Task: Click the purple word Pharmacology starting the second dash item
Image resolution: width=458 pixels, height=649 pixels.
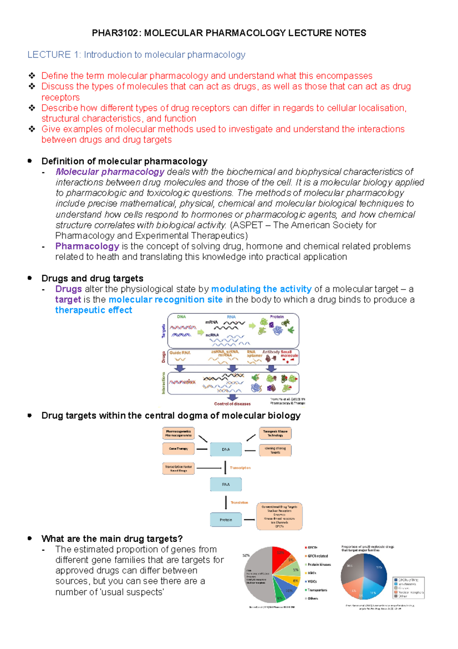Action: (87, 246)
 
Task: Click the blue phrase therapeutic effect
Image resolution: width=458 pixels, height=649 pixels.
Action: (94, 310)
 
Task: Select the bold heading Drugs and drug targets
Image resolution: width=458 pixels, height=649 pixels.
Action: (92, 278)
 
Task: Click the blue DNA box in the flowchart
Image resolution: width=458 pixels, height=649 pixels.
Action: (226, 449)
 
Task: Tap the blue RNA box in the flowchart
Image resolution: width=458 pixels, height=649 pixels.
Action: (226, 484)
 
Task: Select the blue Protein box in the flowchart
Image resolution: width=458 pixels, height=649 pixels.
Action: (226, 520)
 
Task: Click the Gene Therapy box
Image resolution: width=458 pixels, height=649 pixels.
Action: (178, 449)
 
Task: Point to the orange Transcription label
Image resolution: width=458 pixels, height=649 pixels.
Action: (240, 468)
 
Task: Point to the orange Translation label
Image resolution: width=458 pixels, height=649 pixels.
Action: (239, 503)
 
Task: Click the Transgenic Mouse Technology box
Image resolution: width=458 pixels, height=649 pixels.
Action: (275, 433)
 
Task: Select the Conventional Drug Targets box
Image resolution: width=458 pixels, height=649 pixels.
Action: (279, 516)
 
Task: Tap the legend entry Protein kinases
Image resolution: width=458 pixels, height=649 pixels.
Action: (319, 565)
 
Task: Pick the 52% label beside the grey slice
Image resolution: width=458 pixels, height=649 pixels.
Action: (246, 555)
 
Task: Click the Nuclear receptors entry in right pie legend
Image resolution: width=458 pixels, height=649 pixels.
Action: (411, 592)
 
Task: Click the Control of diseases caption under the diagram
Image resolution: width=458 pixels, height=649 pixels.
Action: (232, 404)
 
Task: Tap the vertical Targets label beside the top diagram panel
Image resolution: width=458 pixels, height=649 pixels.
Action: (164, 331)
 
